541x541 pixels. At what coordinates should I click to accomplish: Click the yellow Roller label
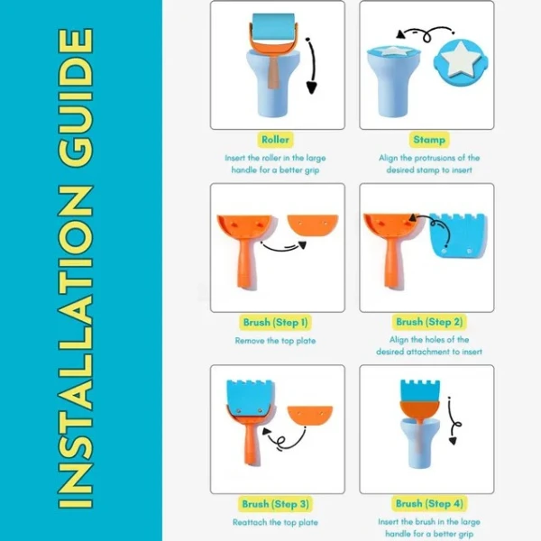[275, 140]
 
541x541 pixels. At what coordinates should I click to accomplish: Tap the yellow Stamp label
[429, 140]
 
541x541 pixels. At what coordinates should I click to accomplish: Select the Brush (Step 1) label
[275, 322]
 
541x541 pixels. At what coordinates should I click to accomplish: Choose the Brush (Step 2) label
[429, 322]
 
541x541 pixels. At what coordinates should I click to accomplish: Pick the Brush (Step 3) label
[275, 504]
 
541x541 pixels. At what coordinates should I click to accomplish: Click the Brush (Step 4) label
[429, 504]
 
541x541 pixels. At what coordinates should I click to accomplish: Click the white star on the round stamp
[460, 59]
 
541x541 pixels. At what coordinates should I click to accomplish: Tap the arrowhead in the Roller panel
[311, 87]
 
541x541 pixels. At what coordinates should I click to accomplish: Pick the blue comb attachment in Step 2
[459, 235]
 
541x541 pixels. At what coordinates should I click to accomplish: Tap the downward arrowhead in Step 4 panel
[453, 441]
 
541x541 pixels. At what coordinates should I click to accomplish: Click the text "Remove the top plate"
[275, 341]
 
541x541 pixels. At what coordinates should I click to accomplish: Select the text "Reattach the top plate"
[275, 522]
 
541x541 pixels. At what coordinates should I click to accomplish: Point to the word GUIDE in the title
[76, 97]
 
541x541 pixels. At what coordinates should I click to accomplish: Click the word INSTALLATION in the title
[76, 347]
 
